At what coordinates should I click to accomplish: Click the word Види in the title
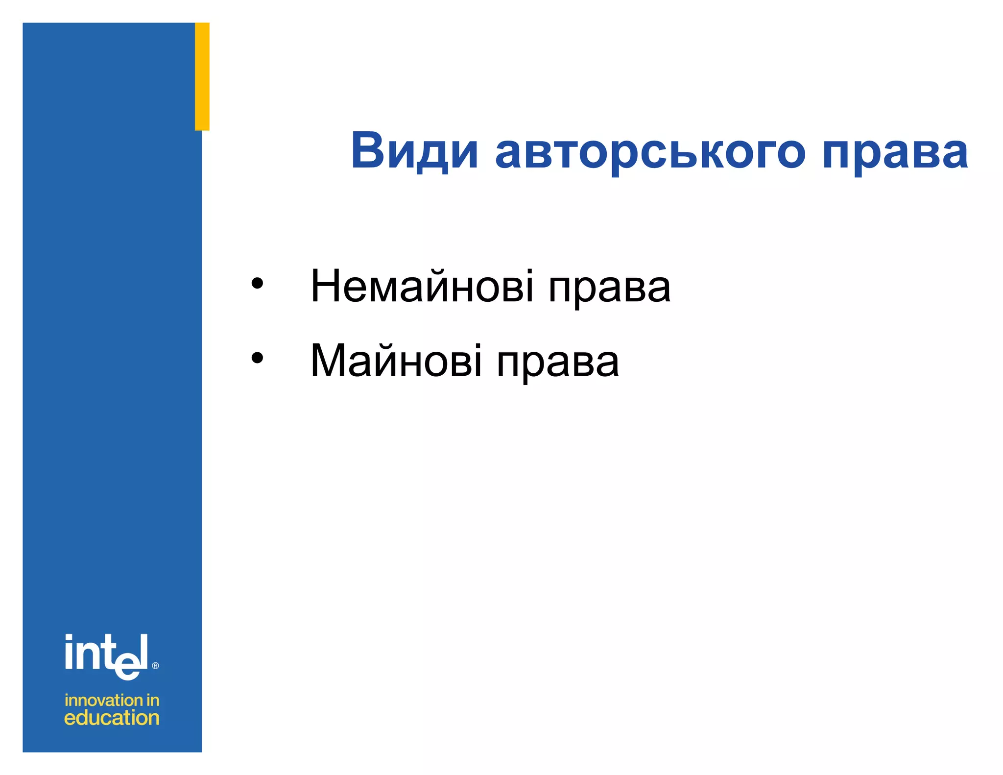click(414, 151)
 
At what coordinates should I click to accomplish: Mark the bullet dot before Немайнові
click(257, 284)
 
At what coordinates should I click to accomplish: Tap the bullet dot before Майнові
click(257, 358)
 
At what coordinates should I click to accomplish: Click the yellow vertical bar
click(202, 76)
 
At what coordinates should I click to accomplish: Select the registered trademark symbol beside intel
click(156, 665)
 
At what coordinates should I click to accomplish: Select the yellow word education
click(112, 718)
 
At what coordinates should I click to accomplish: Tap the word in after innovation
click(153, 700)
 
